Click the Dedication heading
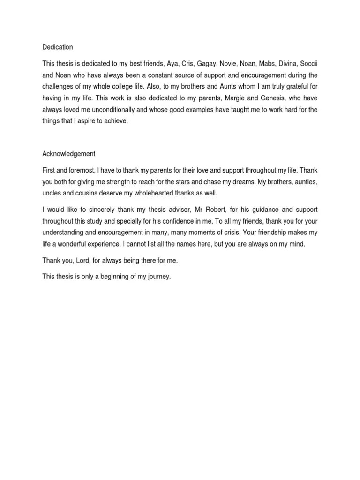point(58,47)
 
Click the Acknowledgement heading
point(68,154)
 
